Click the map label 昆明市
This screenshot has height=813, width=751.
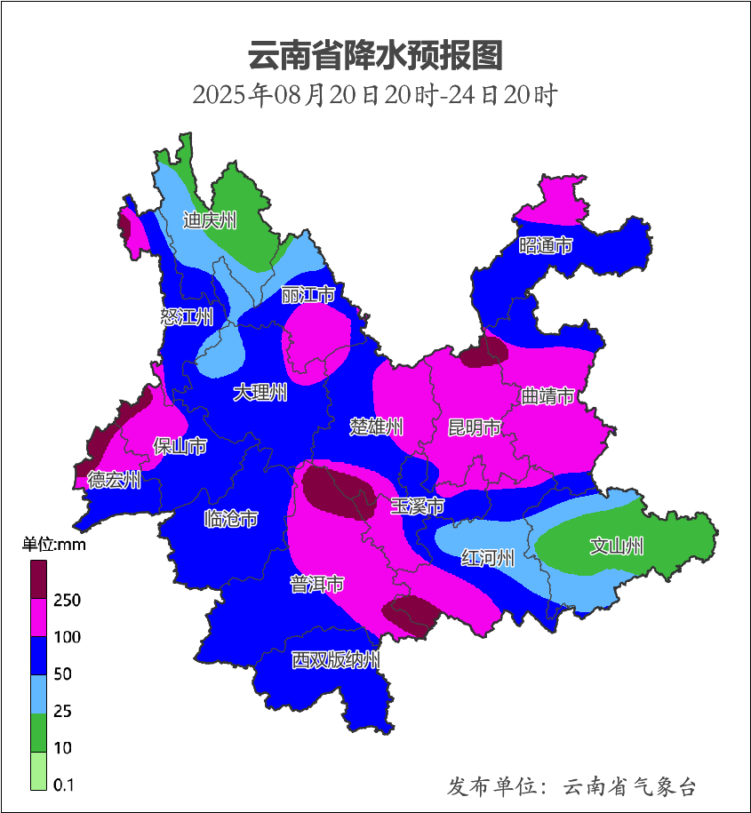pos(474,428)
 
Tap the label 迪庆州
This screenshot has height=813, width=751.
pos(210,220)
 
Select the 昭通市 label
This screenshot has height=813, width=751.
pos(546,245)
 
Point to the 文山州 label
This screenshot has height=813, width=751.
pos(617,546)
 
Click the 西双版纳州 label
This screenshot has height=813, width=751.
pos(337,660)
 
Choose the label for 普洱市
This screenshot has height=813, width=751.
pos(317,585)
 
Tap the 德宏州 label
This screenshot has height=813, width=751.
pos(114,480)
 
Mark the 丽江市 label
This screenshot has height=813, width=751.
pos(308,295)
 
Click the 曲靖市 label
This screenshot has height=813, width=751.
pos(547,396)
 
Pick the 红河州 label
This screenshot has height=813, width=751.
pos(488,559)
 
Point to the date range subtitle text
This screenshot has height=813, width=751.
pos(375,94)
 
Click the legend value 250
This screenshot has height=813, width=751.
pos(67,601)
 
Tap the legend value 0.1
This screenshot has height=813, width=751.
pos(63,785)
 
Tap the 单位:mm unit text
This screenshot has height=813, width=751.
pos(54,545)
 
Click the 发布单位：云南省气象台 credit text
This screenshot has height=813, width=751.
pos(571,786)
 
